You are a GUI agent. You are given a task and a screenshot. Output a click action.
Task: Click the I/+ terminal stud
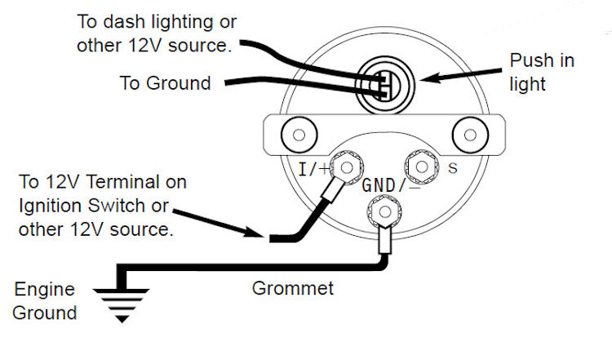pos(348,169)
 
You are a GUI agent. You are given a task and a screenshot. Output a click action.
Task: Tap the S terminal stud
pos(422,167)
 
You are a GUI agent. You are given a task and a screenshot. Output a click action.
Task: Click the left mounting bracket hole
pos(297,133)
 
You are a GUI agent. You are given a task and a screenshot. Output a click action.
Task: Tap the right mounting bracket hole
pos(468,133)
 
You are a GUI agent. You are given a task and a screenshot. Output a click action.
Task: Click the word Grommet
pos(282,288)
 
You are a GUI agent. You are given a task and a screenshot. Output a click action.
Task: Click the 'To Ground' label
pos(166,82)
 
